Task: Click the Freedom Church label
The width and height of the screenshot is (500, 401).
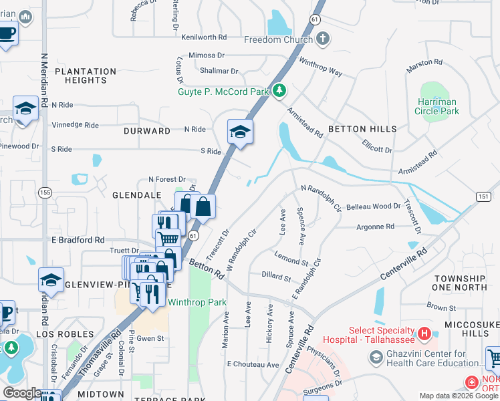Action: tap(279, 39)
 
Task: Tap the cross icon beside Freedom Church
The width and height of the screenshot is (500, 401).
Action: tap(322, 39)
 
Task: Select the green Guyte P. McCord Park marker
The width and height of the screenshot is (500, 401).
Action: tap(281, 91)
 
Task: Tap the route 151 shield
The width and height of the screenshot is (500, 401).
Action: tap(483, 196)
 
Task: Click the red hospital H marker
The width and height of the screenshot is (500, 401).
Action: tap(422, 333)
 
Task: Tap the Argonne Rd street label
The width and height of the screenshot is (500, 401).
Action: tap(375, 227)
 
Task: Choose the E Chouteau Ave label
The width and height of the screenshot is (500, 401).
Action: tap(253, 364)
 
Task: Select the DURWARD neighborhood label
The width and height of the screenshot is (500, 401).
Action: tap(147, 131)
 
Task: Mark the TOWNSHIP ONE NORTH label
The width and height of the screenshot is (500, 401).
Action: tap(469, 283)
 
